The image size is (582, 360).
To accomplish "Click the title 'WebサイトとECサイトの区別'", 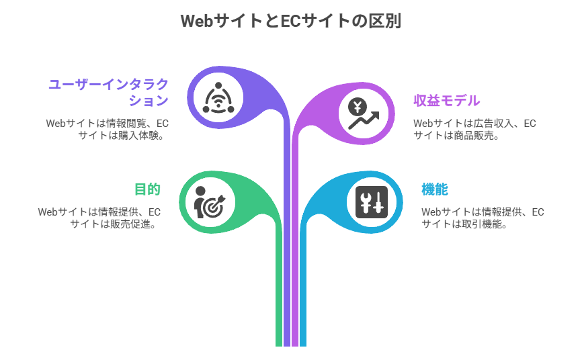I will (291, 21).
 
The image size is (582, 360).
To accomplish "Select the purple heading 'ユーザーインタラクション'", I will (108, 92).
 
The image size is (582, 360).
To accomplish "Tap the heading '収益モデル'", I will (446, 101).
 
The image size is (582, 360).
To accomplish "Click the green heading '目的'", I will (147, 189).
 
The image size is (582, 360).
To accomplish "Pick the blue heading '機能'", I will (434, 189).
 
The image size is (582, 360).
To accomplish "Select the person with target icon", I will (210, 201).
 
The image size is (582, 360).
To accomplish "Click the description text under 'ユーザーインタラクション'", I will (107, 129).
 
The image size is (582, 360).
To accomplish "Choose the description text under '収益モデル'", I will (474, 129).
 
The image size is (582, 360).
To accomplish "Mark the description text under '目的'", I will (99, 218).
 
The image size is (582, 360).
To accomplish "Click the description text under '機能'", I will (483, 218).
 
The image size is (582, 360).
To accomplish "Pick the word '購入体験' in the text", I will (143, 135).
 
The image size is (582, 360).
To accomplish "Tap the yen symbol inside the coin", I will (358, 106).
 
